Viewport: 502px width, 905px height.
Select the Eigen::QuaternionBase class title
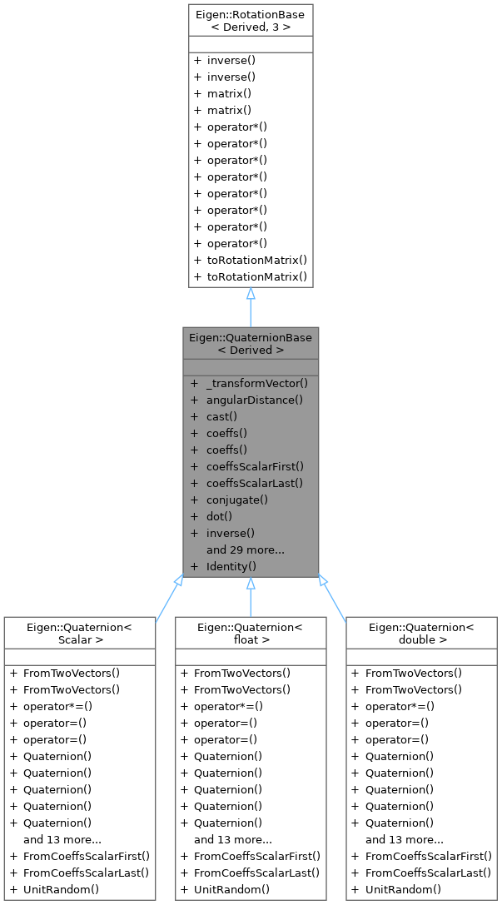tap(251, 344)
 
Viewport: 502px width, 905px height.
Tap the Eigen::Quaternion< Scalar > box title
tap(79, 634)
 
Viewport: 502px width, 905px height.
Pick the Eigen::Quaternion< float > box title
tap(251, 634)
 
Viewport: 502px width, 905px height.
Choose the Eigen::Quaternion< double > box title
tap(421, 634)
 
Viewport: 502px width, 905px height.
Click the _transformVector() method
tap(256, 383)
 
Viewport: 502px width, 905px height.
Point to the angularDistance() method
tap(254, 400)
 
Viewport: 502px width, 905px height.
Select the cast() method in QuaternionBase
tap(221, 416)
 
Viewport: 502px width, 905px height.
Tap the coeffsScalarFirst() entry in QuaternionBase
tap(255, 466)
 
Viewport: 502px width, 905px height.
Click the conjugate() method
tap(236, 500)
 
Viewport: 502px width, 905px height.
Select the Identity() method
tap(231, 566)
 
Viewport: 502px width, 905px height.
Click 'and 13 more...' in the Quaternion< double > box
tap(404, 839)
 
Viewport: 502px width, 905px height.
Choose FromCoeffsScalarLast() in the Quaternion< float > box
tap(256, 873)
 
